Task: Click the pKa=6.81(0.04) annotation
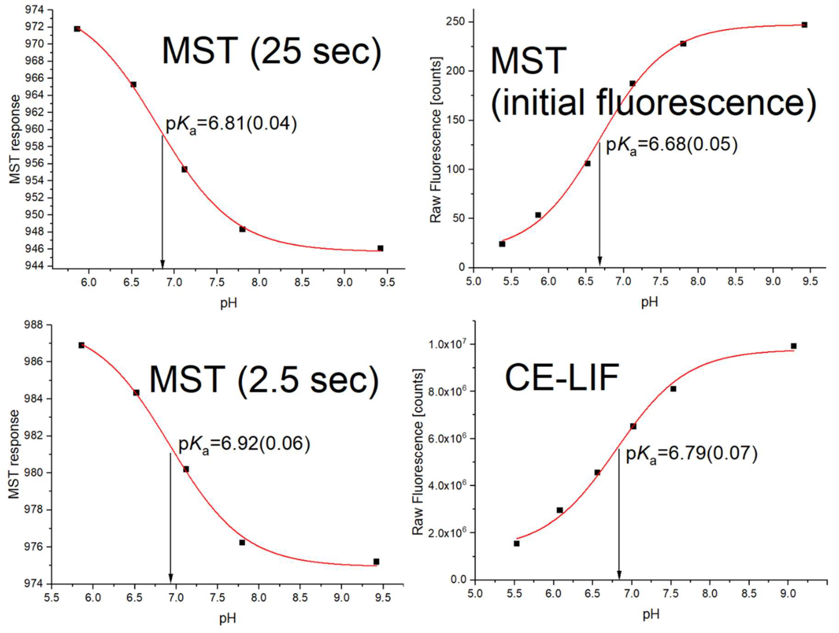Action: pos(231,124)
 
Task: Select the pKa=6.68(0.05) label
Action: pos(671,145)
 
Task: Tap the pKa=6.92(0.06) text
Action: pos(244,444)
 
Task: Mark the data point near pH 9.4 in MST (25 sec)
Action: pos(380,248)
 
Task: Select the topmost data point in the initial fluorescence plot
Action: pos(804,25)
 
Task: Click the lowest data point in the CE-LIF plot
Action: pos(517,544)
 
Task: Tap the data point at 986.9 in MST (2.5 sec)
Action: pos(81,345)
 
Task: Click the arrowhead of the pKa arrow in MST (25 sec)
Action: pos(162,264)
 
